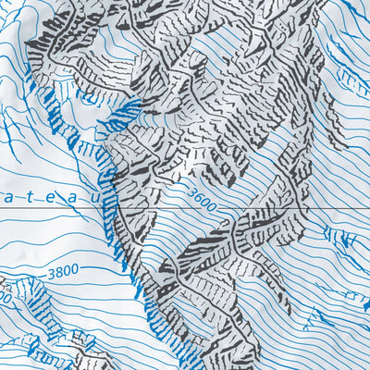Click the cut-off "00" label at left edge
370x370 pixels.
[4, 298]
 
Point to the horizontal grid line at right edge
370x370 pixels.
[361, 209]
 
